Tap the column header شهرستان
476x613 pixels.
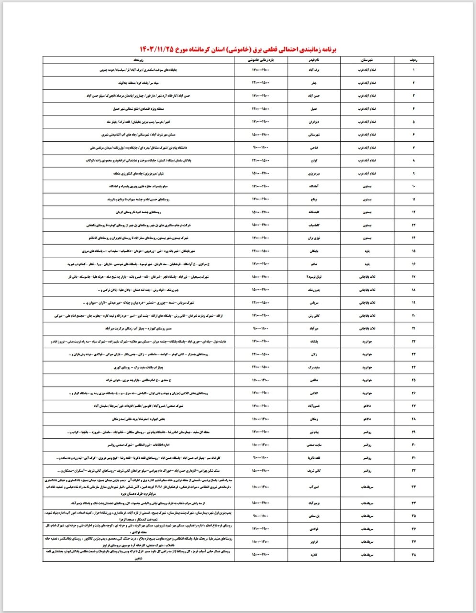(x=366, y=60)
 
